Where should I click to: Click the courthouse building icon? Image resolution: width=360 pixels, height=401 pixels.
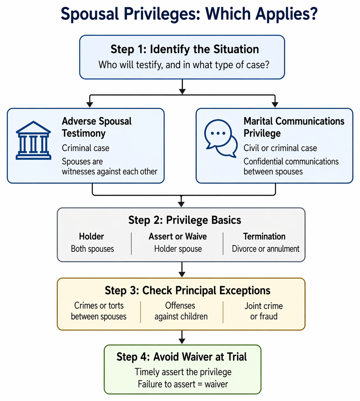(34, 140)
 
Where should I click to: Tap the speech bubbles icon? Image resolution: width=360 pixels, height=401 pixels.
(221, 138)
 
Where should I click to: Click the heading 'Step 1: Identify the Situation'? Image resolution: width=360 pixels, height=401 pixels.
(184, 49)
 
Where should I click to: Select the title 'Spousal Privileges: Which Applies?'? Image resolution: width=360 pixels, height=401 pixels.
(189, 14)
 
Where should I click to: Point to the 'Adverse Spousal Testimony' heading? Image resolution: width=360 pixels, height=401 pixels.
(96, 127)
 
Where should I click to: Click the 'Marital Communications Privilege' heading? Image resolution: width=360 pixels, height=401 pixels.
(294, 127)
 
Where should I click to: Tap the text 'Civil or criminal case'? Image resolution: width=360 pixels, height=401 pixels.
(280, 148)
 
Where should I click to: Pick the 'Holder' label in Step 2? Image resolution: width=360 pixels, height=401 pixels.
(92, 236)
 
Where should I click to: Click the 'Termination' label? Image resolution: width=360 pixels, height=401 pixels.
(264, 236)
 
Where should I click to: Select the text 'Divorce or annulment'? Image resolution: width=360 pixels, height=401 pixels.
(266, 249)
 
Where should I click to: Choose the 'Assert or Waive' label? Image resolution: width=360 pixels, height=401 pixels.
(178, 236)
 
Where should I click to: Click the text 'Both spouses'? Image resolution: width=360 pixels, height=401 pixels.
(92, 249)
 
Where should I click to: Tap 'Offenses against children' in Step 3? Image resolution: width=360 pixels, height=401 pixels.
(181, 311)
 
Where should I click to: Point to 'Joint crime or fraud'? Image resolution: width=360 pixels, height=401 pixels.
(264, 311)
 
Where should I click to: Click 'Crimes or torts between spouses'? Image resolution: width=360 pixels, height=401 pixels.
(99, 311)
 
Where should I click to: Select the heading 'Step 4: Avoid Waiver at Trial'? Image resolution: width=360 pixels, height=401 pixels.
(182, 357)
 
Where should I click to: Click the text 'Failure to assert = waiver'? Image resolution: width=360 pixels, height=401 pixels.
(182, 384)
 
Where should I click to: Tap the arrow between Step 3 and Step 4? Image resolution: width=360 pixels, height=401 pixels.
(182, 337)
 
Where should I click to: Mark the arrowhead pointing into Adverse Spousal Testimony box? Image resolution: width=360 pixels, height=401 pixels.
(90, 104)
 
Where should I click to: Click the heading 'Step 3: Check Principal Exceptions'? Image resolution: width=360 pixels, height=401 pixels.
(187, 291)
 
